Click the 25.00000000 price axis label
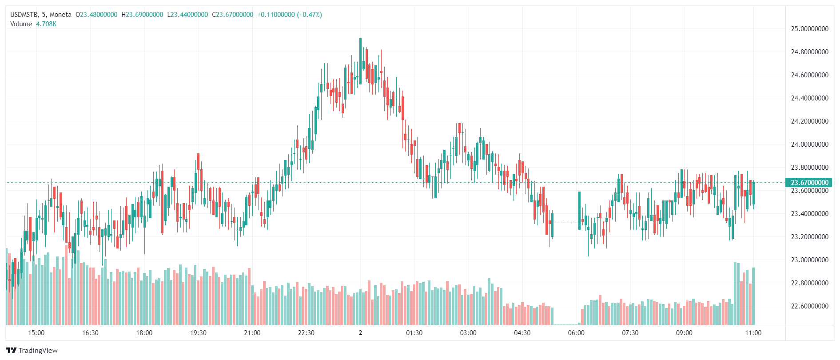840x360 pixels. [x=809, y=29]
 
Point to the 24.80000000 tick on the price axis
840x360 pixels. [x=809, y=52]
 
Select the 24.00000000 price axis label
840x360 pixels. [x=809, y=144]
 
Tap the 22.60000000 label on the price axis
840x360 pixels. [x=809, y=306]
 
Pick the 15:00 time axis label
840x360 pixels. [x=36, y=333]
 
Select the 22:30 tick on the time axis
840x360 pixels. [x=306, y=333]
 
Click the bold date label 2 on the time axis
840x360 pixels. [x=360, y=333]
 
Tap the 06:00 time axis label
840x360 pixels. [x=576, y=333]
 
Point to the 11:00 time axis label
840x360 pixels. [x=753, y=333]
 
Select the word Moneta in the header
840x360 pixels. [x=60, y=15]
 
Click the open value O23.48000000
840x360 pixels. [x=96, y=15]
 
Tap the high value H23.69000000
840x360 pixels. [x=142, y=15]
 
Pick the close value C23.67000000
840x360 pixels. [x=233, y=15]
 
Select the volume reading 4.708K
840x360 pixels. [x=46, y=24]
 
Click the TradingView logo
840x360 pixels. [x=32, y=350]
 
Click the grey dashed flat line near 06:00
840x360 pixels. [x=565, y=223]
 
